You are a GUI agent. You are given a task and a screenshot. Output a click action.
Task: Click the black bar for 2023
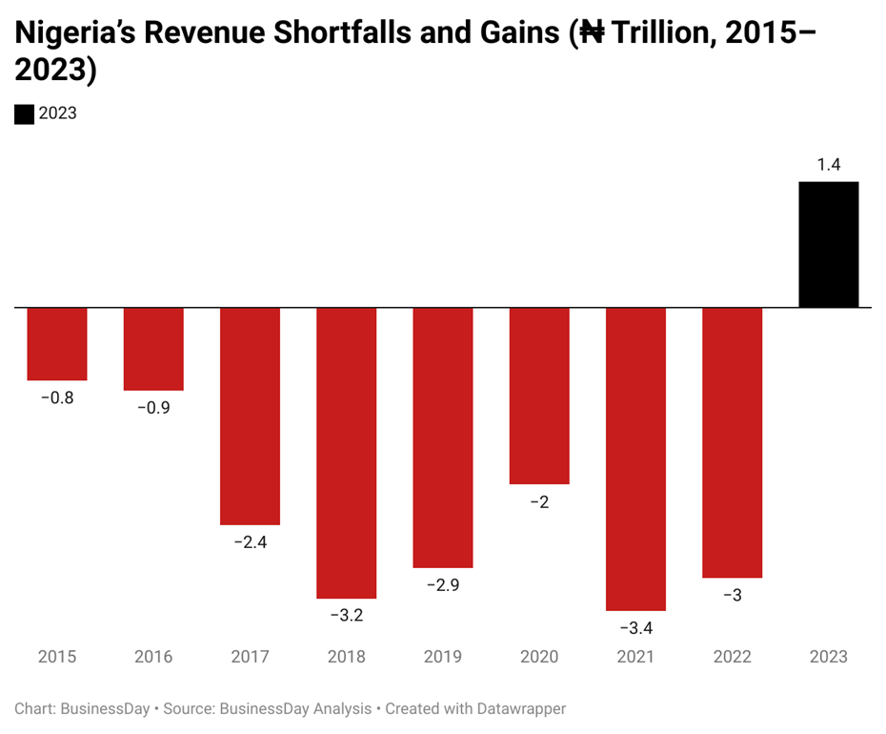pos(828,245)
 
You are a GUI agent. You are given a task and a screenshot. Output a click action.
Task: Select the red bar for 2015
pos(57,344)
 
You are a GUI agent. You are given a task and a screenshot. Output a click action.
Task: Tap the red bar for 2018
pos(346,453)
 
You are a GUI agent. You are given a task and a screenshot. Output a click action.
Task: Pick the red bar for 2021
pos(635,459)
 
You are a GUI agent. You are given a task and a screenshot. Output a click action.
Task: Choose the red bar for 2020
pos(539,396)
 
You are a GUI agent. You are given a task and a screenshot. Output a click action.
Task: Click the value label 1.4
pos(828,165)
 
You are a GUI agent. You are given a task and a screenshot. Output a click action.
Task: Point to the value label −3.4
pos(635,627)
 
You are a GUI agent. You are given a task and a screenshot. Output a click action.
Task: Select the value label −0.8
pos(57,398)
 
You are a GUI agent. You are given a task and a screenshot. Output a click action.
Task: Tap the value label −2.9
pos(443,585)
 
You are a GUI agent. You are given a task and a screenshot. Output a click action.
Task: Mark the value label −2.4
pos(250,542)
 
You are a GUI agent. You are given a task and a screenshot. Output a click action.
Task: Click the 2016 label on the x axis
pos(153,657)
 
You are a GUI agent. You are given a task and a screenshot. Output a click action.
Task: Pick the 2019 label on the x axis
pos(443,657)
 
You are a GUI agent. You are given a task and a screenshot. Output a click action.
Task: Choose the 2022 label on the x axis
pos(732,657)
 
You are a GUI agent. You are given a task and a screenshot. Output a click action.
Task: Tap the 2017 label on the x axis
pos(250,657)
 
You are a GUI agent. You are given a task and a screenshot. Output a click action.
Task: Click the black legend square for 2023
pos(24,113)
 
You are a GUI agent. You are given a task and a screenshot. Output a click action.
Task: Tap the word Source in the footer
pos(189,709)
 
